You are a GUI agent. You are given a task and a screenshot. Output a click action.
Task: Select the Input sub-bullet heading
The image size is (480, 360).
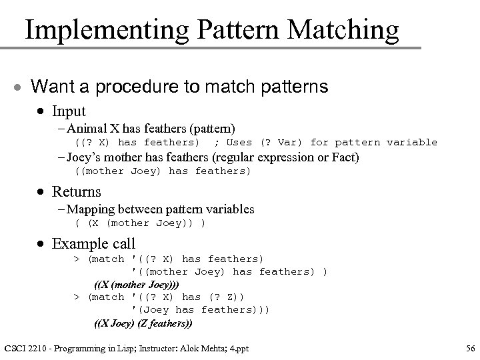[x=69, y=111]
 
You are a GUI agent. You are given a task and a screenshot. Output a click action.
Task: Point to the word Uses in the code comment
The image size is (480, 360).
[x=239, y=142]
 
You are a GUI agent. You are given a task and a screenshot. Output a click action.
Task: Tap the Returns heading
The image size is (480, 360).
[x=76, y=192]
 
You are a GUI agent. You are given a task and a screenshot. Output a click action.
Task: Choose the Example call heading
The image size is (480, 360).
[x=93, y=243]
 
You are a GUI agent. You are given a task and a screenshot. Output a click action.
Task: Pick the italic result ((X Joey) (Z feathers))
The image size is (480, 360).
[x=143, y=323]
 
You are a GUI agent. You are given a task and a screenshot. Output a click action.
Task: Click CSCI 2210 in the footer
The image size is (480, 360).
[x=28, y=347]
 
